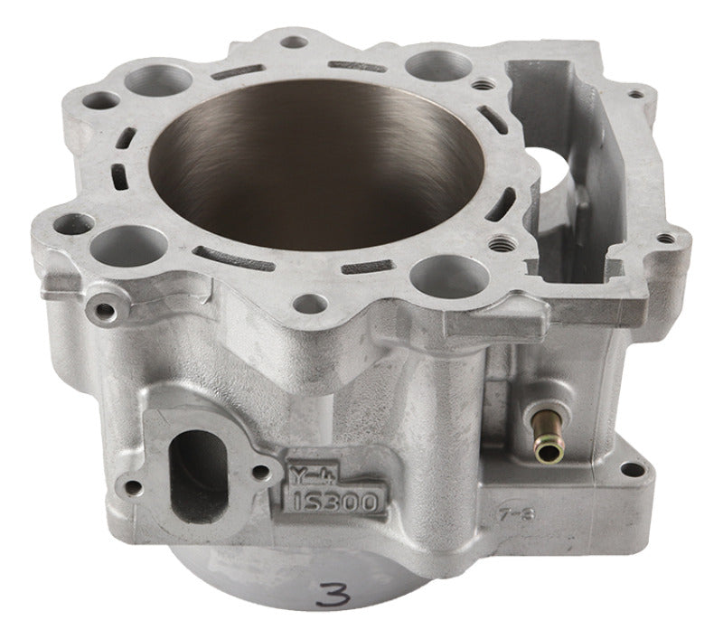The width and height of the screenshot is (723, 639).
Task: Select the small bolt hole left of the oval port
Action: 134,488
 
